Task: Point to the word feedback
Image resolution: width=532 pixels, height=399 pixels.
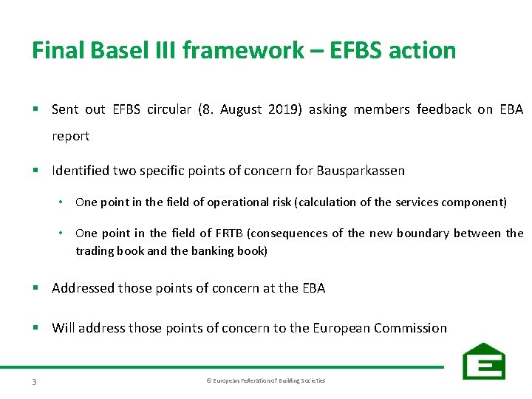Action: pos(443,109)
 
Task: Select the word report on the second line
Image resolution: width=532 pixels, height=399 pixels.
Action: pos(70,136)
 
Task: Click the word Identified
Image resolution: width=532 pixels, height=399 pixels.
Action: pos(81,171)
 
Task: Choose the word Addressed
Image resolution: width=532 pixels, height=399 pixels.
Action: pos(83,288)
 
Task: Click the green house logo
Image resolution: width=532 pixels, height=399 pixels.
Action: pos(483,361)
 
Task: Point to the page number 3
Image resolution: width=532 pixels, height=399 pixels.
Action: pos(35,381)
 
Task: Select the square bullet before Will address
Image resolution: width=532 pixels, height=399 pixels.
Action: pos(35,328)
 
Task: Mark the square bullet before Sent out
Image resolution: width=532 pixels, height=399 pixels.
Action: pos(35,110)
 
